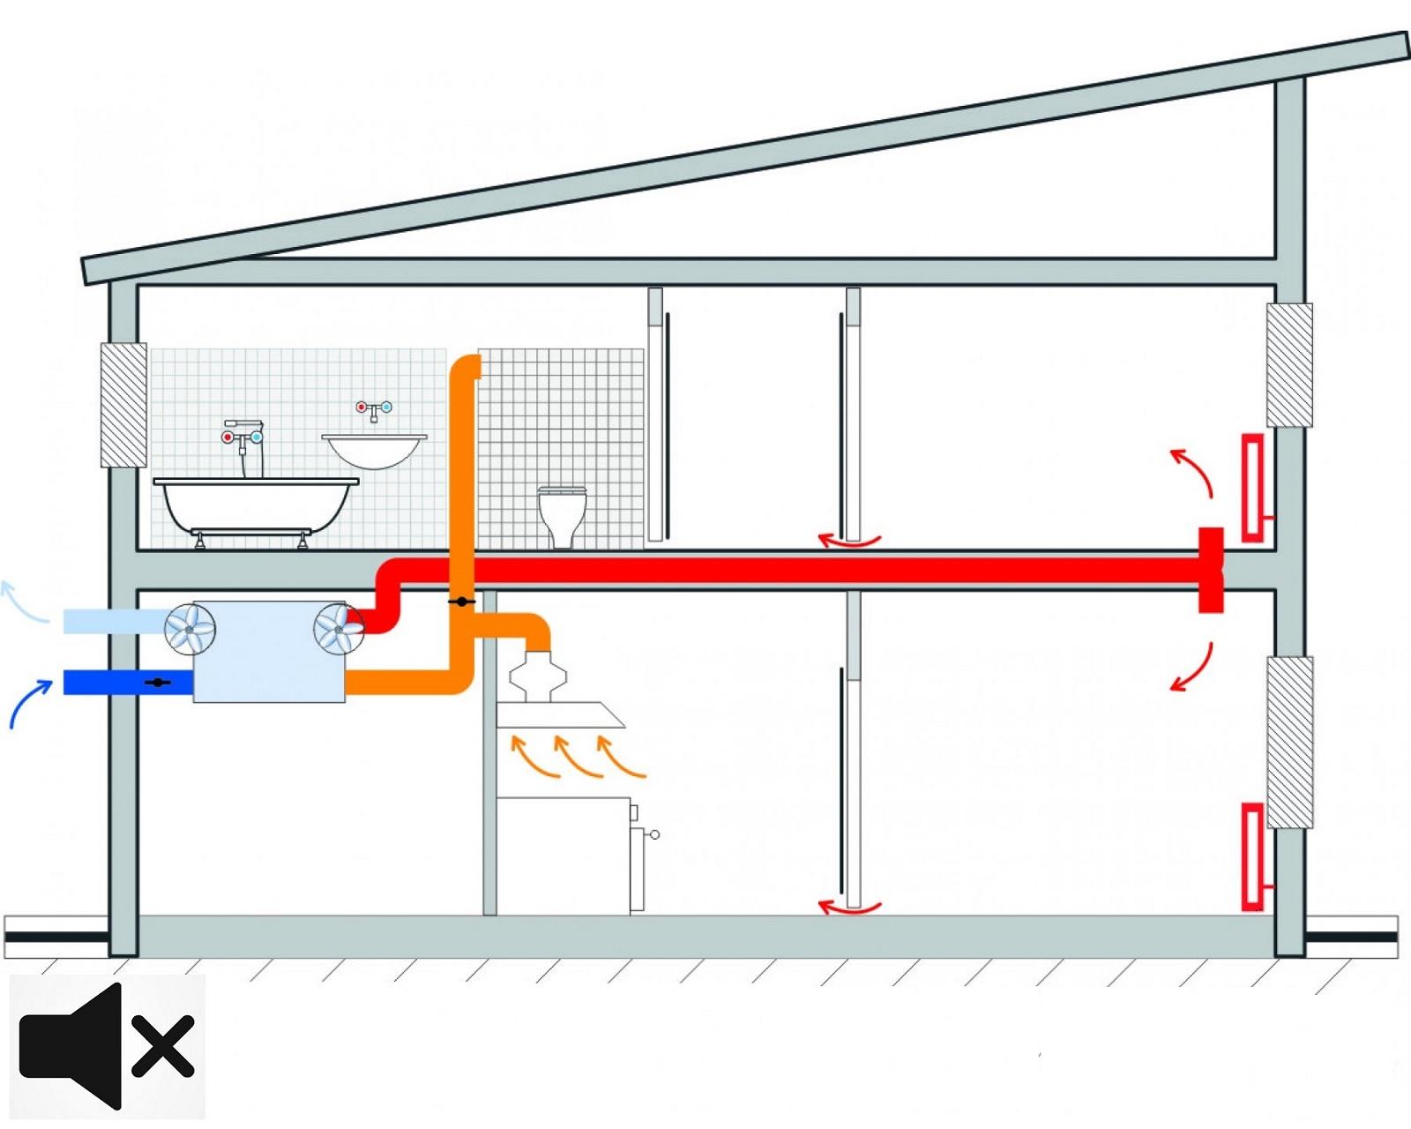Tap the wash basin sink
(374, 449)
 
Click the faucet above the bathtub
(243, 437)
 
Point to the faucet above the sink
(374, 409)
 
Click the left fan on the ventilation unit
(190, 629)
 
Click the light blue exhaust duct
(115, 621)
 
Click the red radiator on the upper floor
(1252, 487)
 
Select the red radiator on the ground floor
(1251, 856)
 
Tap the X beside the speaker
(163, 1046)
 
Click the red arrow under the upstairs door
(848, 541)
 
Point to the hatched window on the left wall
(123, 405)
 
